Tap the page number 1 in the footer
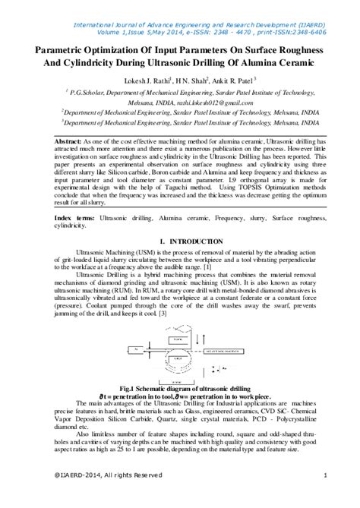pos(325,496)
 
